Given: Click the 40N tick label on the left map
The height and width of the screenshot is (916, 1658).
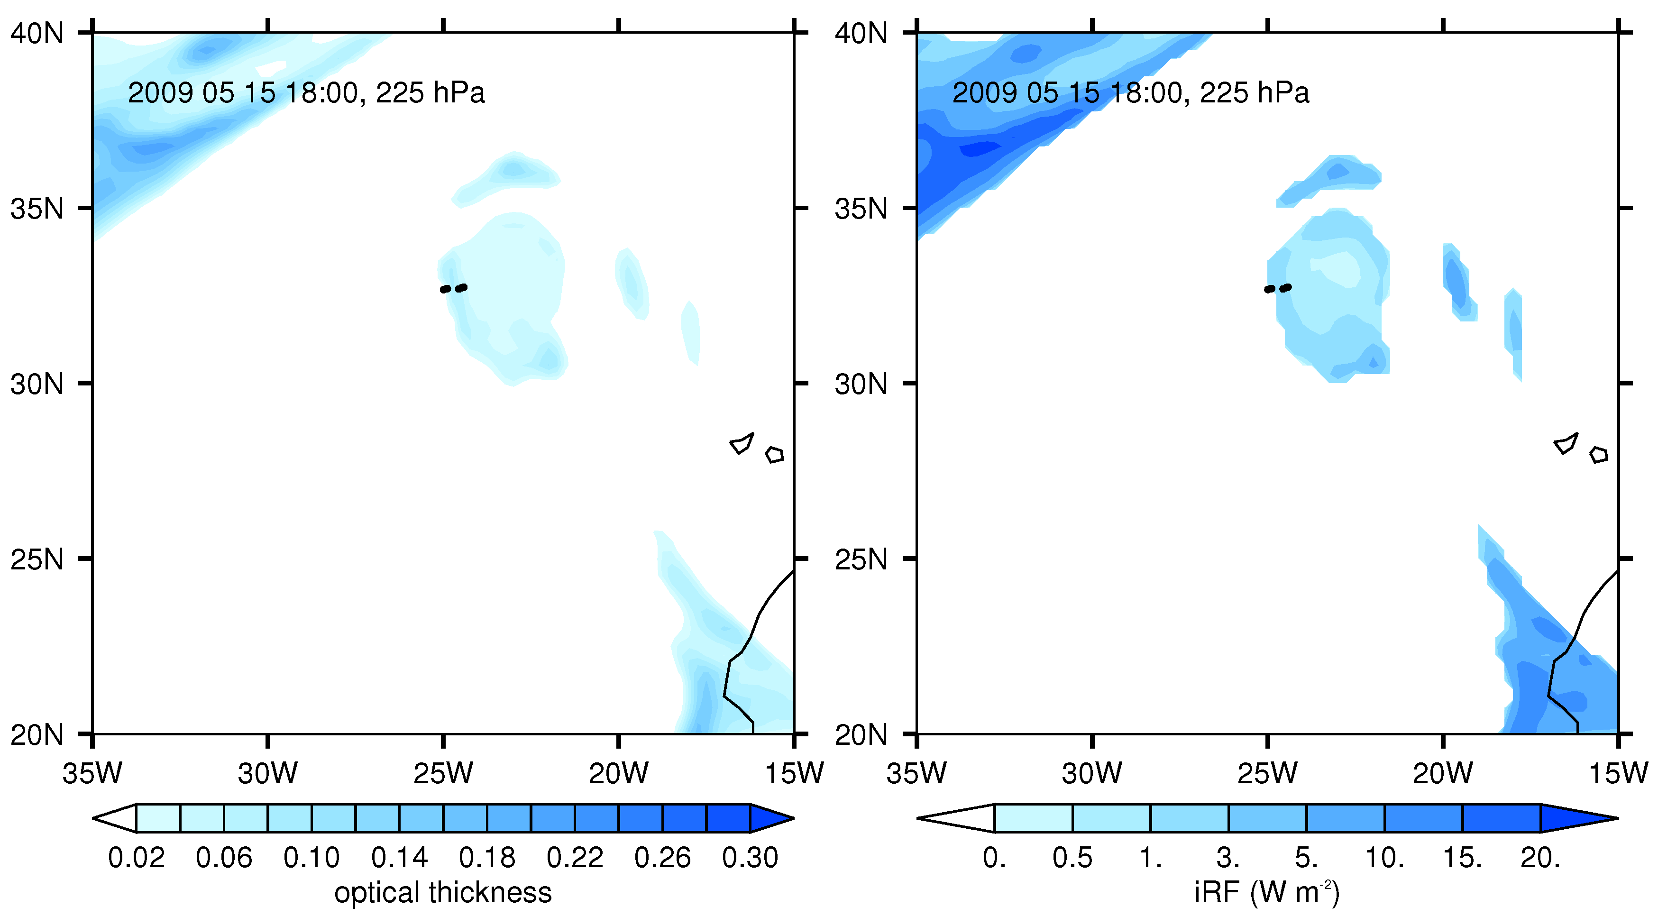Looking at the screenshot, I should [x=37, y=32].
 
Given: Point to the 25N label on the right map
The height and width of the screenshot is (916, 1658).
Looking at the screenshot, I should [x=861, y=559].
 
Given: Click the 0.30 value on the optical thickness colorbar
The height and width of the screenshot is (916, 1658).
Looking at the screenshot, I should [x=750, y=857].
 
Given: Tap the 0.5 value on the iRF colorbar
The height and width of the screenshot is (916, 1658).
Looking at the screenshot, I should [x=1072, y=857].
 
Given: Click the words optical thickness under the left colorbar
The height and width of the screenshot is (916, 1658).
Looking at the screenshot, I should [x=443, y=893].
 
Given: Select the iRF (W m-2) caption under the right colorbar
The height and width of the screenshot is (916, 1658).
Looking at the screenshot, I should [x=1267, y=893].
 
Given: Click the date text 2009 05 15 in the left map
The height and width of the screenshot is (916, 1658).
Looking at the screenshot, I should [x=202, y=93].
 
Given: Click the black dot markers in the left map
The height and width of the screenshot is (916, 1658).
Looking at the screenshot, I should [x=453, y=288].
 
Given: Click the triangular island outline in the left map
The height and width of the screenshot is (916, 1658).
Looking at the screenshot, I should [x=742, y=443].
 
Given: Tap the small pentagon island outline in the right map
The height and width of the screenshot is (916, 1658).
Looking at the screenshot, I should [x=1599, y=455].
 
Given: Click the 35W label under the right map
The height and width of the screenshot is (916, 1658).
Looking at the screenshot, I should [x=916, y=772].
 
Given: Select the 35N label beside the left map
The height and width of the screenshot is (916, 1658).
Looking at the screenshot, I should [x=37, y=209].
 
